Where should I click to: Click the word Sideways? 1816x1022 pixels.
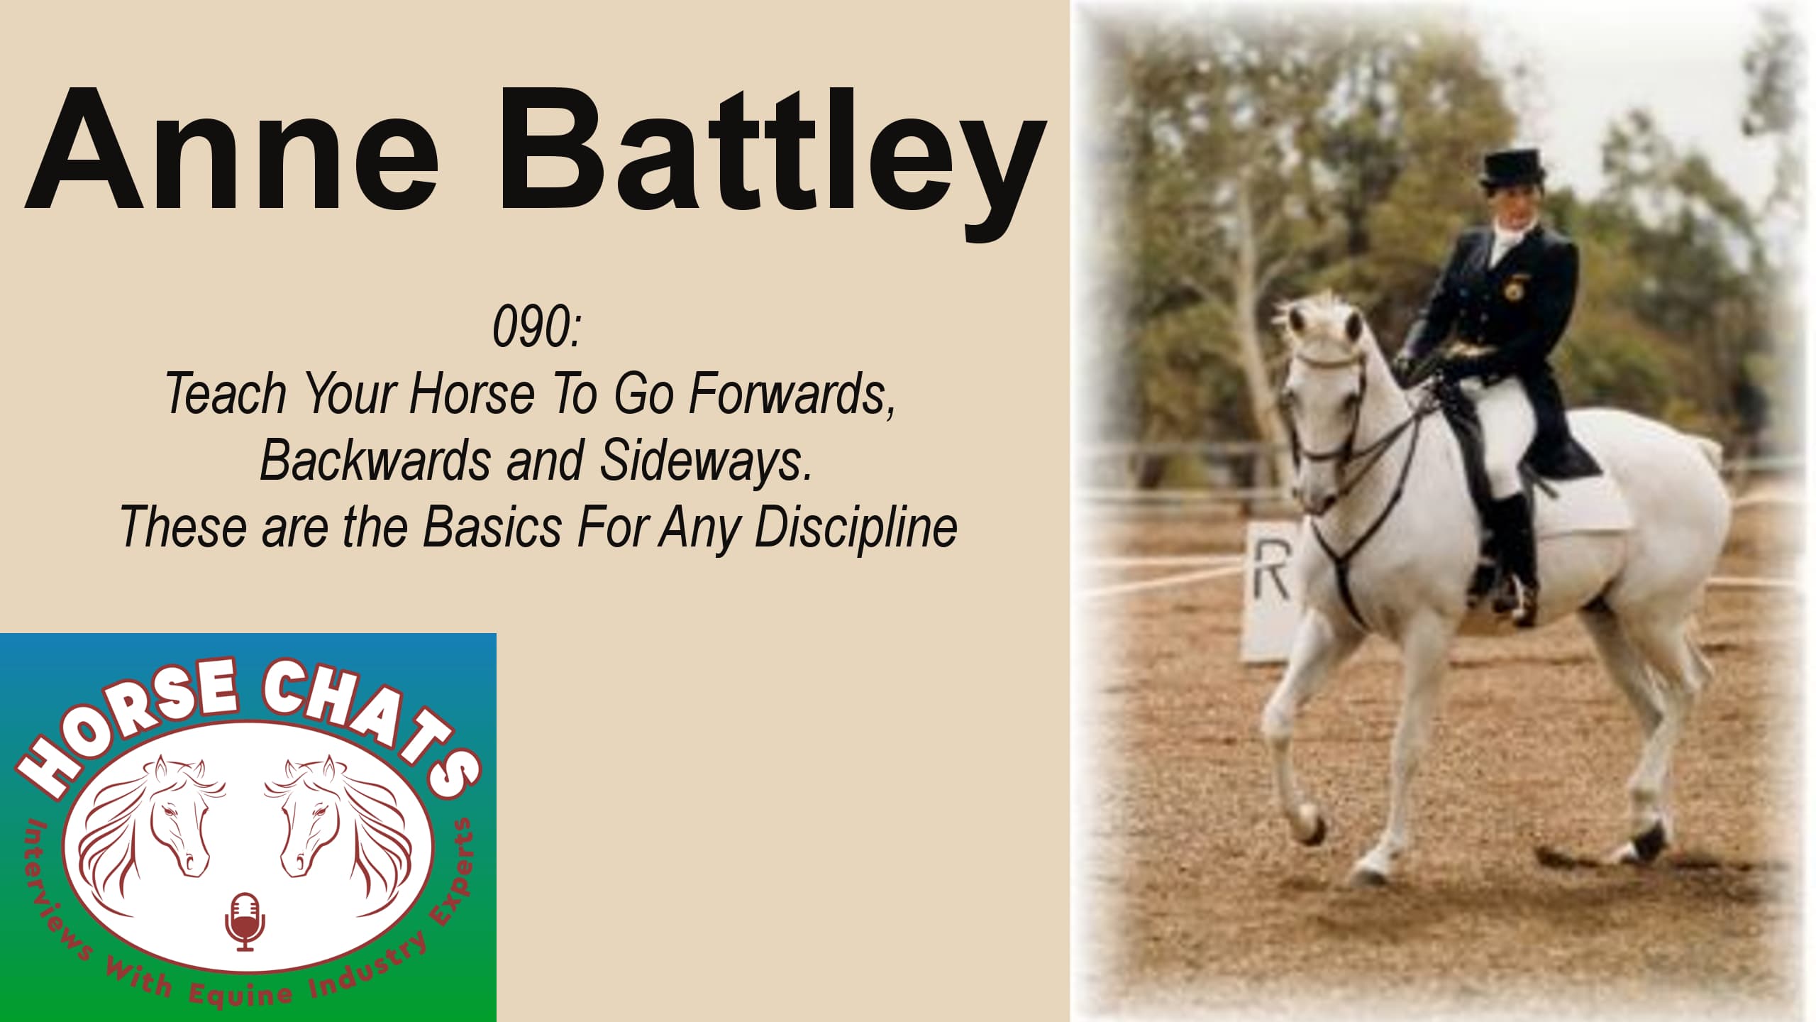click(706, 460)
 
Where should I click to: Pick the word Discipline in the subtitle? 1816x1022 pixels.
click(856, 527)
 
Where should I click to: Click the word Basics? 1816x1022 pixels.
click(492, 527)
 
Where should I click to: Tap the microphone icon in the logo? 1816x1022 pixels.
click(245, 922)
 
